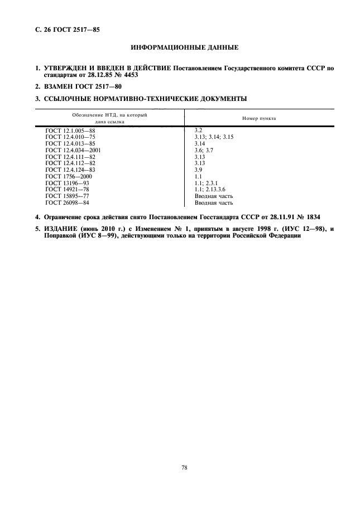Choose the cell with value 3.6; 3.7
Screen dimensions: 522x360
(198, 150)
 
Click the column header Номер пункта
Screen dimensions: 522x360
(259, 119)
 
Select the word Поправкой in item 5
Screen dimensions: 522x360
(61, 235)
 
